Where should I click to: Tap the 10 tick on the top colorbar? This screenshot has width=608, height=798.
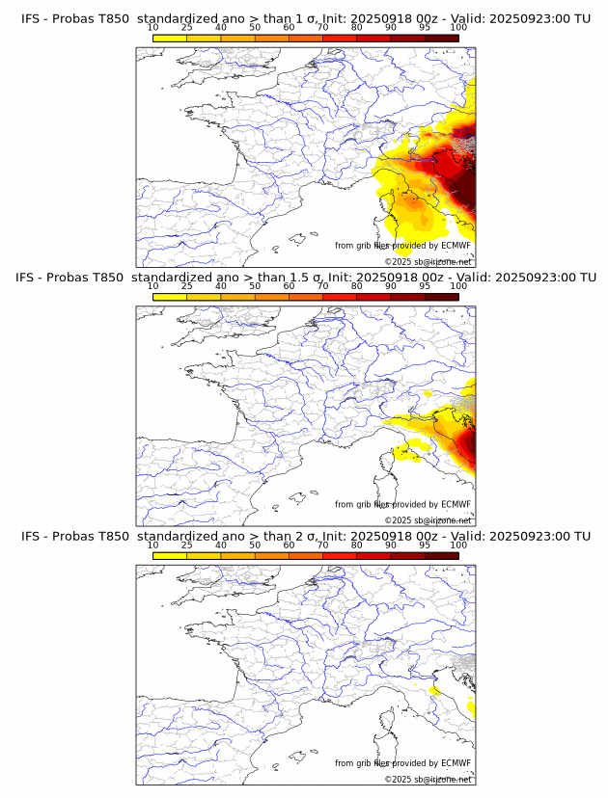(x=152, y=29)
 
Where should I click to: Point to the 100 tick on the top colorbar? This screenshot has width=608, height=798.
(x=458, y=29)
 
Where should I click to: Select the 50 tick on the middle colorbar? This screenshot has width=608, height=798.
(x=255, y=287)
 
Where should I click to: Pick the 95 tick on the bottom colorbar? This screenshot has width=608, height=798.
(x=425, y=545)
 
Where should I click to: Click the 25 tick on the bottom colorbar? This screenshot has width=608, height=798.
(x=187, y=545)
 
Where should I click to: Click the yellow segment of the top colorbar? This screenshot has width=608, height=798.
(x=170, y=38)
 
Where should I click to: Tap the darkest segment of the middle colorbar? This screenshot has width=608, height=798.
(x=441, y=297)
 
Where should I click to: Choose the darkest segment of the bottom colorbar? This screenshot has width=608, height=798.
(x=441, y=555)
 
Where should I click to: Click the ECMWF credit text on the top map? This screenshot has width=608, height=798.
(x=402, y=246)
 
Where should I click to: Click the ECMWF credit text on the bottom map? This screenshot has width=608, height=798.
(x=402, y=763)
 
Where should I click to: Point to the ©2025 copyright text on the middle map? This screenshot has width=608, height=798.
(x=428, y=520)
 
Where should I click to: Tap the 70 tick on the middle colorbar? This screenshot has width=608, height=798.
(x=322, y=287)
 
